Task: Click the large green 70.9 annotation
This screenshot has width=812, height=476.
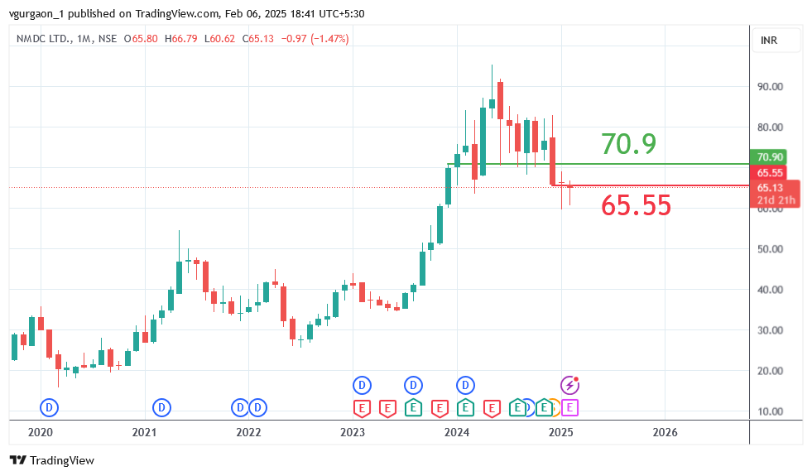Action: [x=628, y=144]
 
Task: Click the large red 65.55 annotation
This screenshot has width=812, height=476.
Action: [x=636, y=205]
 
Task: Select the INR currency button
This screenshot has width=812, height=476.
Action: [x=769, y=40]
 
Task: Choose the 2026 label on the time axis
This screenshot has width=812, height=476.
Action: [x=665, y=432]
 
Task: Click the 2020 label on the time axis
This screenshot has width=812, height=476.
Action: [x=40, y=432]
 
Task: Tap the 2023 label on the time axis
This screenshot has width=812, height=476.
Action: [x=353, y=432]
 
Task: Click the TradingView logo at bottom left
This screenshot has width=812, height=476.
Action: [x=51, y=460]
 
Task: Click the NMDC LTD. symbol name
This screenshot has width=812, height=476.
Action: [x=46, y=39]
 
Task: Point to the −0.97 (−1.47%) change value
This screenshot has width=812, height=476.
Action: [x=315, y=39]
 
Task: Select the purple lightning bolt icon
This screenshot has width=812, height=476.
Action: [x=570, y=385]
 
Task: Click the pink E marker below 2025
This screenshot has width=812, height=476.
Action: [x=569, y=407]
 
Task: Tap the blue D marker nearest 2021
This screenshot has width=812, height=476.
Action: [x=162, y=407]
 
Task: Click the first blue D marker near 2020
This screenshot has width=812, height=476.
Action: [x=50, y=407]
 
